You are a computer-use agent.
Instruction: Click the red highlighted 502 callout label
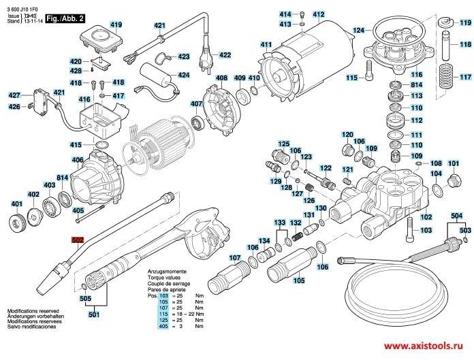[x=77, y=240]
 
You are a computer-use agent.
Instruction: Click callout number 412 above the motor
[x=319, y=14]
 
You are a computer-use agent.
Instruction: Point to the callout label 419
[x=116, y=25]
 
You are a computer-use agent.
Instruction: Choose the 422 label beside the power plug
[x=225, y=55]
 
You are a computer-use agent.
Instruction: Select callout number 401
[x=16, y=203]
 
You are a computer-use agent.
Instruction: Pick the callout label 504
[x=456, y=216]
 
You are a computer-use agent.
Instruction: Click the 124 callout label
[x=358, y=30]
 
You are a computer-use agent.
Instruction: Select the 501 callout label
[x=94, y=314]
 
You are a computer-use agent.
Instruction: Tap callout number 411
[x=266, y=45]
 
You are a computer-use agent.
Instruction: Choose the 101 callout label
[x=454, y=163]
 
